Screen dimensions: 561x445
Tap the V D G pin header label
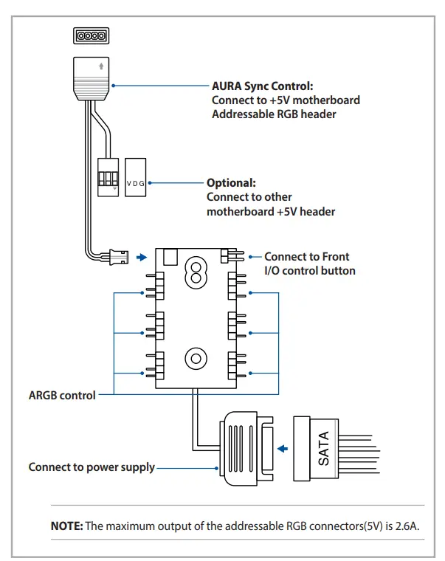pyautogui.click(x=137, y=182)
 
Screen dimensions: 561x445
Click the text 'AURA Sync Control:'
pyautogui.click(x=261, y=86)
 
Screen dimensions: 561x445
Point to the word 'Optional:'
pyautogui.click(x=231, y=183)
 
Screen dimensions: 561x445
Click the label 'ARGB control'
pyautogui.click(x=62, y=395)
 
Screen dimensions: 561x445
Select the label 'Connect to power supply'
pyautogui.click(x=92, y=467)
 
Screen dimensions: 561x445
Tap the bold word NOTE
pyautogui.click(x=66, y=526)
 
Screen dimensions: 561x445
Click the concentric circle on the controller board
pyautogui.click(x=194, y=359)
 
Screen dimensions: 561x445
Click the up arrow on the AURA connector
pyautogui.click(x=92, y=66)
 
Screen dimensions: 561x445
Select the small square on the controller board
pyautogui.click(x=170, y=257)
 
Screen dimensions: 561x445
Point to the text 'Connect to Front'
pyautogui.click(x=307, y=256)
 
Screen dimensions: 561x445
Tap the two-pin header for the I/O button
pyautogui.click(x=231, y=256)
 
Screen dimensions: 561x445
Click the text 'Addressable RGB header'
pyautogui.click(x=275, y=114)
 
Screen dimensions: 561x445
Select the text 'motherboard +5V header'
pyautogui.click(x=271, y=211)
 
